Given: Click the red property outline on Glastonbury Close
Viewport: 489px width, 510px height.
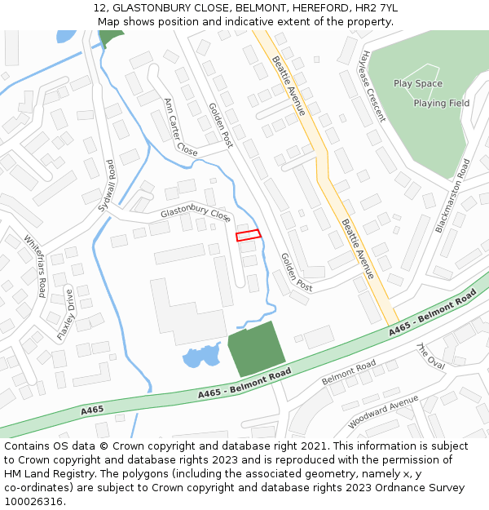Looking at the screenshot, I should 249,235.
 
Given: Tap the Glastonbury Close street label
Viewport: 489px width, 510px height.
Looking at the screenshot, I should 196,213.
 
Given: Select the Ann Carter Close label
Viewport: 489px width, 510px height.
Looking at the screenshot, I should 180,127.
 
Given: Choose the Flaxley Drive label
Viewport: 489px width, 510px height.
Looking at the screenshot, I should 65,314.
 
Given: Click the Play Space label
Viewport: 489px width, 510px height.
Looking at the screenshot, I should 418,83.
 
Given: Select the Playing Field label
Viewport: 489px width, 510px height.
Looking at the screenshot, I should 441,104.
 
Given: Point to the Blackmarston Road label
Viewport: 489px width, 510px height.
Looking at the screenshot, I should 452,196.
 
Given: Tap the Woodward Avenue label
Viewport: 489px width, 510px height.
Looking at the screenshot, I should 383,411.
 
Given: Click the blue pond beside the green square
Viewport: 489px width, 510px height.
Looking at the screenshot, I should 200,356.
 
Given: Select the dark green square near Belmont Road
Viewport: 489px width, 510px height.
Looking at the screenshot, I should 256,348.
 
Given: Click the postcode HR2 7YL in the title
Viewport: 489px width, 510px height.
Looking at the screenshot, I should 377,8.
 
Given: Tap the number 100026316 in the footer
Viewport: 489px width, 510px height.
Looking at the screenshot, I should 33,501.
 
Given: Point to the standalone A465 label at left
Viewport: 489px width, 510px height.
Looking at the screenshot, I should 92,409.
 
